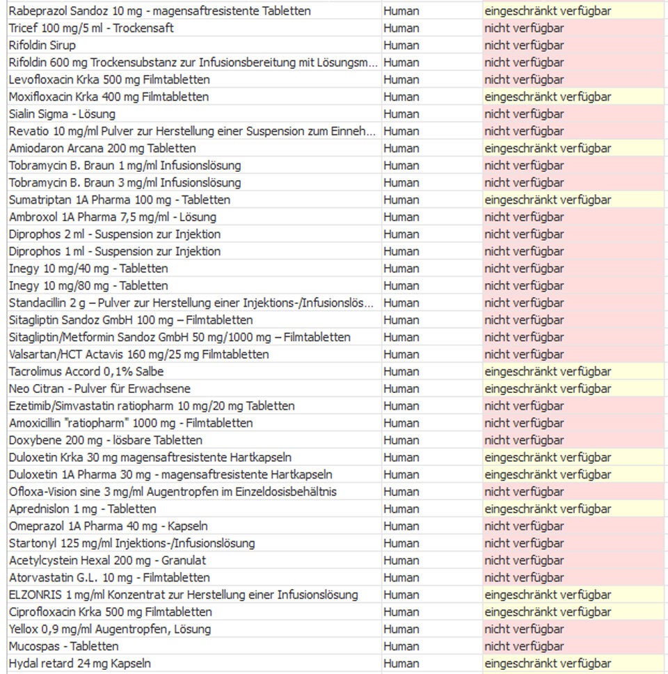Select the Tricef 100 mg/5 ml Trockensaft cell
click(x=91, y=29)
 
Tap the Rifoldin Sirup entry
click(x=42, y=45)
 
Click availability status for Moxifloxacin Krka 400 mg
click(x=548, y=97)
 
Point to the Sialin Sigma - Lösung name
click(x=62, y=114)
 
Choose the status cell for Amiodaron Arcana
click(x=548, y=148)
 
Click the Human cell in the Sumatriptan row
click(x=401, y=200)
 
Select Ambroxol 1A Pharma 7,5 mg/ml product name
click(x=103, y=217)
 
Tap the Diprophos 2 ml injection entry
click(x=115, y=234)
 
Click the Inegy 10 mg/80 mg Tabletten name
click(x=88, y=286)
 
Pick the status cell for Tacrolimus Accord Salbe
click(x=548, y=371)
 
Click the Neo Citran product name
click(x=100, y=389)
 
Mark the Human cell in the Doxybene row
click(x=401, y=440)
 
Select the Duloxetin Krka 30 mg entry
click(x=150, y=458)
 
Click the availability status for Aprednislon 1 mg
click(x=548, y=509)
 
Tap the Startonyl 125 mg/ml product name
click(x=132, y=543)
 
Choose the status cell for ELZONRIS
click(x=548, y=595)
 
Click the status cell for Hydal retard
click(x=548, y=664)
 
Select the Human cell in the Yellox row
click(x=401, y=629)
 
